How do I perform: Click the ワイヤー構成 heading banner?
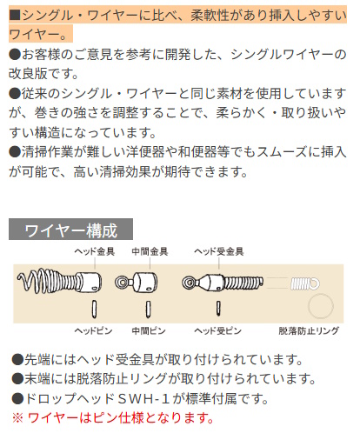pos(70,230)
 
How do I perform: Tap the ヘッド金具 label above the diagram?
pos(95,251)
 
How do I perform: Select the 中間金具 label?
pos(150,251)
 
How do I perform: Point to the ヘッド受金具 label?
pos(219,251)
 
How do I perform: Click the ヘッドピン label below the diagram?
pos(93,330)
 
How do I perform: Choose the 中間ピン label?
pos(149,330)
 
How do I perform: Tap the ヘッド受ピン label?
pos(217,330)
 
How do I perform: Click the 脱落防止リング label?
pos(309,330)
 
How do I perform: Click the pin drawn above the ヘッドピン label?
pos(94,309)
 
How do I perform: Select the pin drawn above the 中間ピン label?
pos(148,309)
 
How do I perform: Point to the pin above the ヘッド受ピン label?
pos(218,308)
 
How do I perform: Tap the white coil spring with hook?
pos(305,283)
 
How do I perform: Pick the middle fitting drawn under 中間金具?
pos(137,282)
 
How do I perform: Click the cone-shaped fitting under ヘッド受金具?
pos(208,283)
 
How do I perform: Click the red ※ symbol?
pos(17,418)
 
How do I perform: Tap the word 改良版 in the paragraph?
pos(28,74)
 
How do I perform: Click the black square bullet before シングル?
pos(15,16)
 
